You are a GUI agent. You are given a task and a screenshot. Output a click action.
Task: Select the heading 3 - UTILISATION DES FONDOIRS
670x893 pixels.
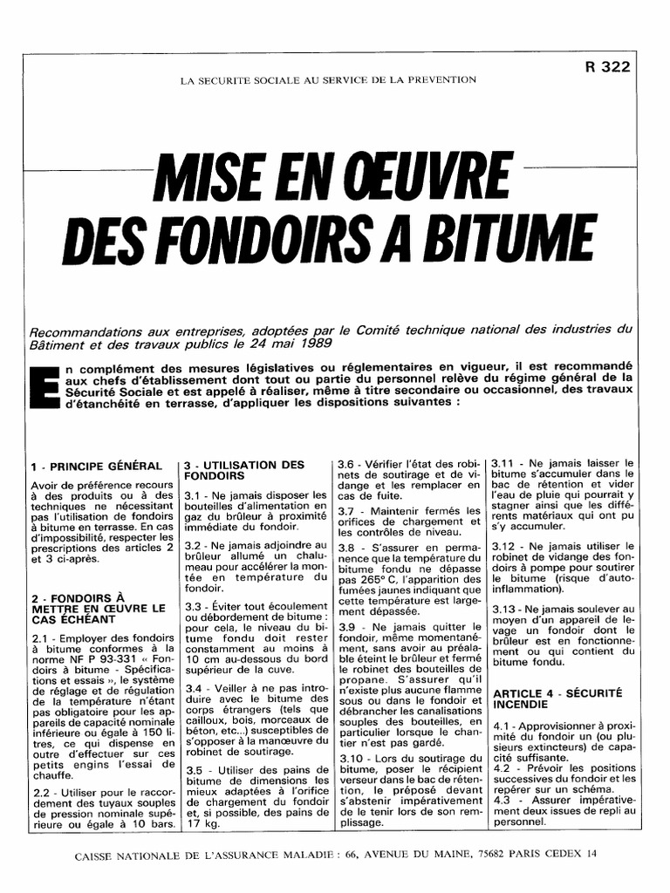point(243,471)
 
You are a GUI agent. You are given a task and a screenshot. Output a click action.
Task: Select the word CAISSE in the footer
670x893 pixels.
point(101,856)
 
